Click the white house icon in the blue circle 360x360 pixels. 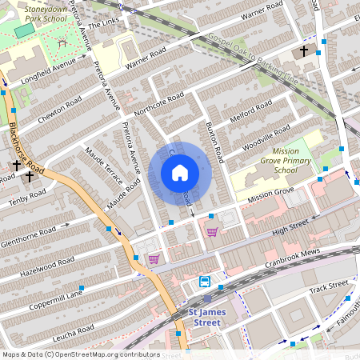click(180, 173)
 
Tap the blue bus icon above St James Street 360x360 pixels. click(205, 282)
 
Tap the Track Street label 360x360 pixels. click(329, 286)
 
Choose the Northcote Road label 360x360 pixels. click(160, 103)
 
